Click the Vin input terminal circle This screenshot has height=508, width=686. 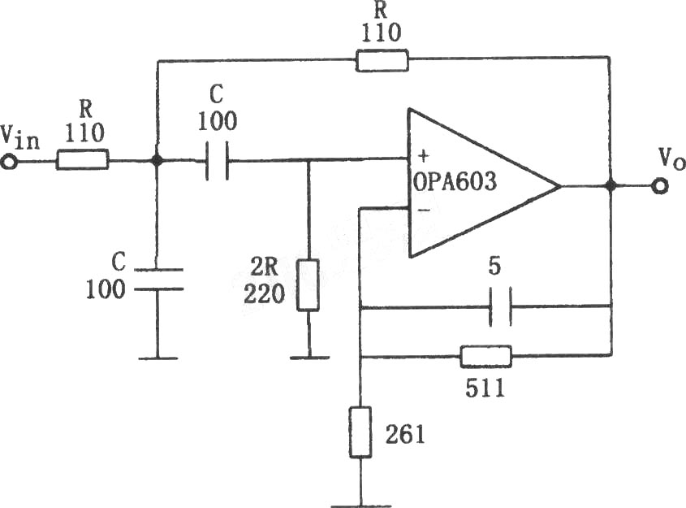coord(8,163)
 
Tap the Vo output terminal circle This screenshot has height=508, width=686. coord(659,187)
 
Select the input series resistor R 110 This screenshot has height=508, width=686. coord(82,160)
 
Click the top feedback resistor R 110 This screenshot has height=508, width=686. coord(382,61)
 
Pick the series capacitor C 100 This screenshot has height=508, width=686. coord(217,161)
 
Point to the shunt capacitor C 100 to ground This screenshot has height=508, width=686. coord(158,280)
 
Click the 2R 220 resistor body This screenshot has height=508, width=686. coord(308,285)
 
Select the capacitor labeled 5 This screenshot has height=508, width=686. coord(499,306)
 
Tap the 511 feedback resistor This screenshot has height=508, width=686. coord(485,357)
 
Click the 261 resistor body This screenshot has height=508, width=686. coord(360,432)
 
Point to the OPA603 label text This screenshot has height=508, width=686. coord(455,182)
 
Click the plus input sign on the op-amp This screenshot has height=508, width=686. coord(423,155)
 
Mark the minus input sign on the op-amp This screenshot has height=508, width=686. coord(424,211)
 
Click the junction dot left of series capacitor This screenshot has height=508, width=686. coord(157,160)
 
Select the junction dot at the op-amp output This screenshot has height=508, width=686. coord(610,186)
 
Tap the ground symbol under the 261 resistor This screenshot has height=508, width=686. coord(360,506)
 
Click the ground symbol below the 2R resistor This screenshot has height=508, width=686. coord(309,358)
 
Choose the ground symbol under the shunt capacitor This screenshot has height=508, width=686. coord(158,358)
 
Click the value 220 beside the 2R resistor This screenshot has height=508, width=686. coord(264,294)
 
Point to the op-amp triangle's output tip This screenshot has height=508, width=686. coord(560,186)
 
